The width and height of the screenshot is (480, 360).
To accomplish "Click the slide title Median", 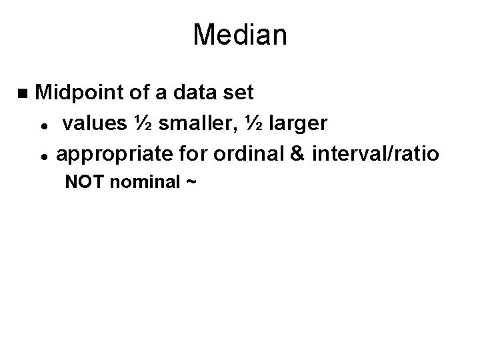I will coord(240,35).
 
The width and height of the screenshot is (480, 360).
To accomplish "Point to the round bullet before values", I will coord(42,125).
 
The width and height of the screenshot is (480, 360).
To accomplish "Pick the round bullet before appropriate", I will coord(42,156).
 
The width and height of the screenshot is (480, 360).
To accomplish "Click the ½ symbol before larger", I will coord(262,124).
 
